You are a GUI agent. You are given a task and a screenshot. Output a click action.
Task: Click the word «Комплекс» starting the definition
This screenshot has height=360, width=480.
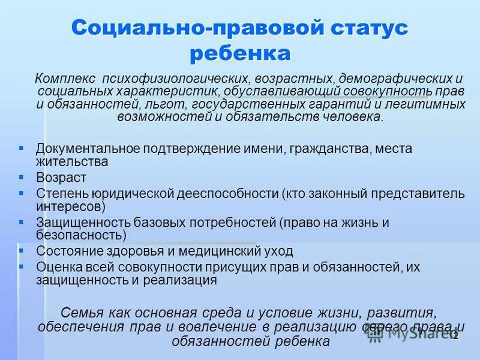click(x=65, y=79)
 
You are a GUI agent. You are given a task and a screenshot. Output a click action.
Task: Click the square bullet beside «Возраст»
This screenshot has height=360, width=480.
click(x=21, y=177)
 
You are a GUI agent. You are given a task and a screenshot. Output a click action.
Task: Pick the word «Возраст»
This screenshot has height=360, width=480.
click(x=61, y=178)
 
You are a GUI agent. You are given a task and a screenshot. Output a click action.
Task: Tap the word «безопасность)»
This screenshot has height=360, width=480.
click(x=81, y=235)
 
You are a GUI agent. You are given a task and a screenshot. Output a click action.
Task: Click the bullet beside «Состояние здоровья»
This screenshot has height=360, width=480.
click(x=21, y=250)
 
